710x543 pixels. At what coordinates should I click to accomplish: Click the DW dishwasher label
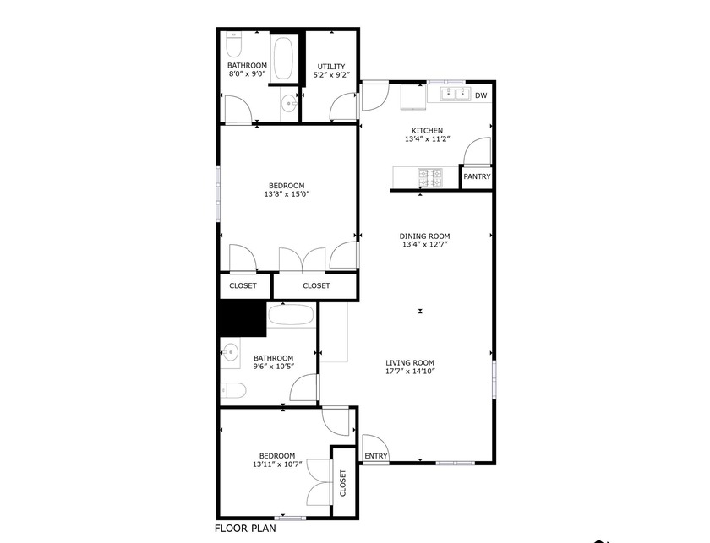tap(481, 95)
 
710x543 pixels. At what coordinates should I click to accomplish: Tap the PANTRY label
tap(477, 177)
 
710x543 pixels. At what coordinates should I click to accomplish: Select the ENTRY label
tap(375, 457)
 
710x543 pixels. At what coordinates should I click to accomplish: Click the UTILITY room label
tap(330, 67)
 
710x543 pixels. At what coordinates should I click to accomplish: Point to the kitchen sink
tap(454, 95)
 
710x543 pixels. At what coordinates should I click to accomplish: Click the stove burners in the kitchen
tap(432, 177)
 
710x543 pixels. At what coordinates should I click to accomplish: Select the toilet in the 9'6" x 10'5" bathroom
tap(233, 389)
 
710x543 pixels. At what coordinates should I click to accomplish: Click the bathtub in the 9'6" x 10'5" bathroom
tap(292, 317)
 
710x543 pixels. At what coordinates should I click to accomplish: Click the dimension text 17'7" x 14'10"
tap(410, 372)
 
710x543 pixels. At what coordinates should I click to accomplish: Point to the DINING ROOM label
tap(425, 236)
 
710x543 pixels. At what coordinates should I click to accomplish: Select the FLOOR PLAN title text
tap(244, 530)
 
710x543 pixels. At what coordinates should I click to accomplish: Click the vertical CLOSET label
tap(343, 484)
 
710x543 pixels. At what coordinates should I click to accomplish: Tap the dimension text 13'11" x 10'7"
tap(277, 464)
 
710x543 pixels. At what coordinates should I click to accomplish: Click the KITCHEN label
tap(427, 131)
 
